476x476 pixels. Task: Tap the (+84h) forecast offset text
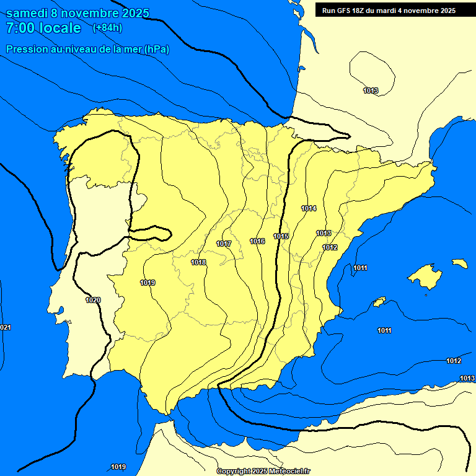coord(107,27)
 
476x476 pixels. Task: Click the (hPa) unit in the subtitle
coord(156,50)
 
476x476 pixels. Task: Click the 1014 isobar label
coord(309,208)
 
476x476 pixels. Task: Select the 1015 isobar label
coord(281,236)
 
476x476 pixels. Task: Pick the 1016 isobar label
coord(257,241)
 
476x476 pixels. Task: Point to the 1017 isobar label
coord(224,244)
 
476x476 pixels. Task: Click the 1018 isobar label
coord(198,262)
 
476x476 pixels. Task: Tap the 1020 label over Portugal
coord(93,300)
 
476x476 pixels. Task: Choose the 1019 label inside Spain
coord(148,283)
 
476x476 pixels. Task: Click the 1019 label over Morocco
coord(118,467)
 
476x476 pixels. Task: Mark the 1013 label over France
coord(371,91)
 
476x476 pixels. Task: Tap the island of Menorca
coord(460,263)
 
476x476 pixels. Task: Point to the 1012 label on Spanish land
coord(330,247)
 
